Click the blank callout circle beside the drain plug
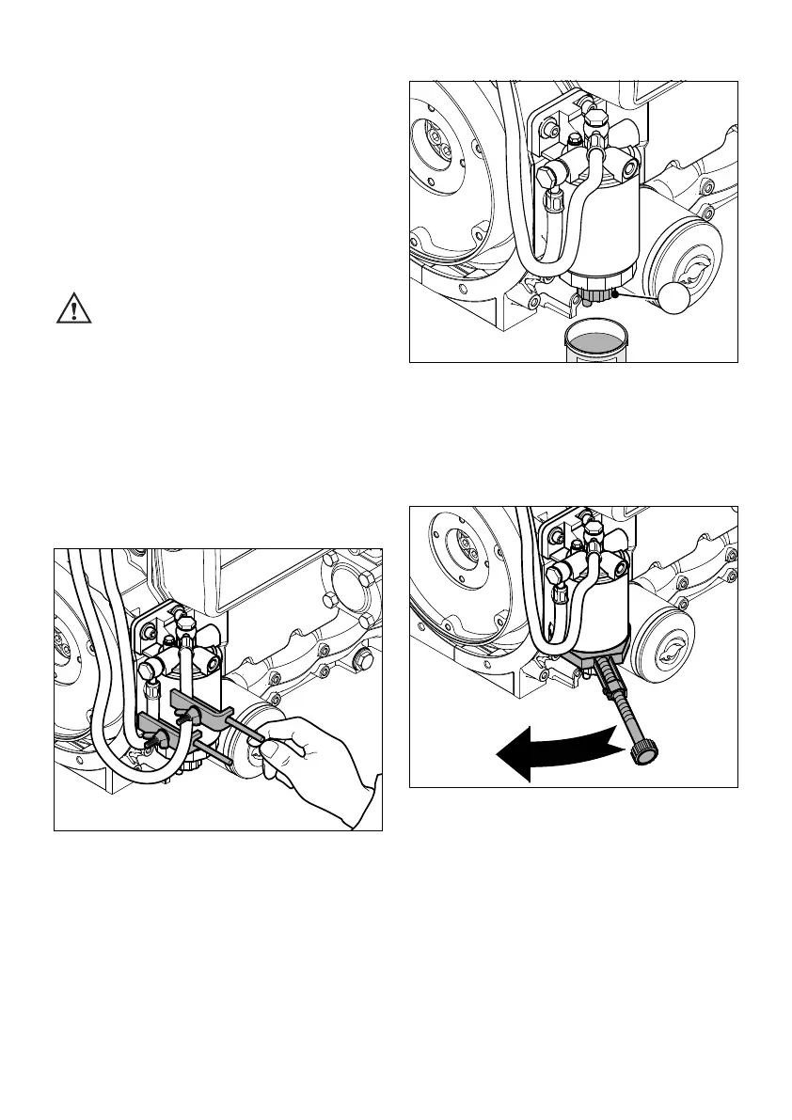[683, 296]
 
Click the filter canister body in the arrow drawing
[587, 611]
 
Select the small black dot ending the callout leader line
[615, 292]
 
